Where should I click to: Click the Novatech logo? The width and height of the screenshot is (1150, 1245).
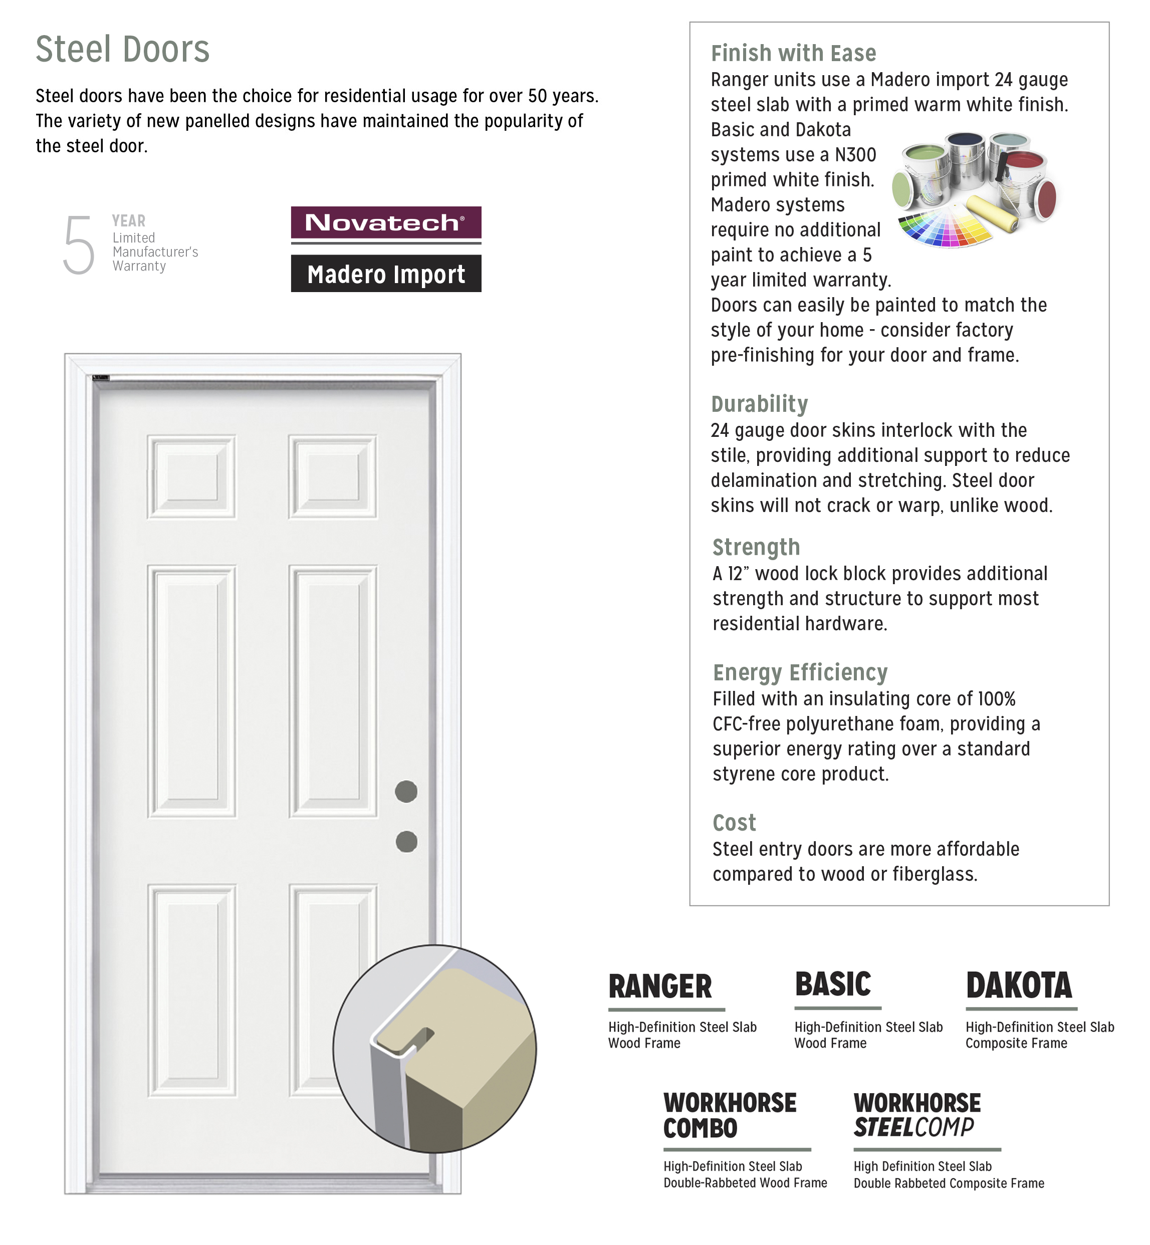386,223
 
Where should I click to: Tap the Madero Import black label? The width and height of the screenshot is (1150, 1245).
386,274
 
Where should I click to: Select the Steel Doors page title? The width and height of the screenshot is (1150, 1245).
123,49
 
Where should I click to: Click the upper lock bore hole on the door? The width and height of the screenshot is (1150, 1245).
406,792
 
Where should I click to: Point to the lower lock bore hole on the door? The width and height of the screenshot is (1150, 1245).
406,842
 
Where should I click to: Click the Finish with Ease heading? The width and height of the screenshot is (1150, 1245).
793,54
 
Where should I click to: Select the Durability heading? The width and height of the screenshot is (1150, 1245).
759,404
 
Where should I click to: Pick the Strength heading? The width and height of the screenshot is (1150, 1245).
756,548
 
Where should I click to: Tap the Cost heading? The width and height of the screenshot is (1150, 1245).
734,823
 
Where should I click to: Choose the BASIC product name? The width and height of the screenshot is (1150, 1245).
833,984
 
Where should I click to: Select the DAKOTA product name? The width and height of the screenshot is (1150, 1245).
1019,986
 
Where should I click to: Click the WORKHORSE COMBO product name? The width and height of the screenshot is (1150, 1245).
729,1116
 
